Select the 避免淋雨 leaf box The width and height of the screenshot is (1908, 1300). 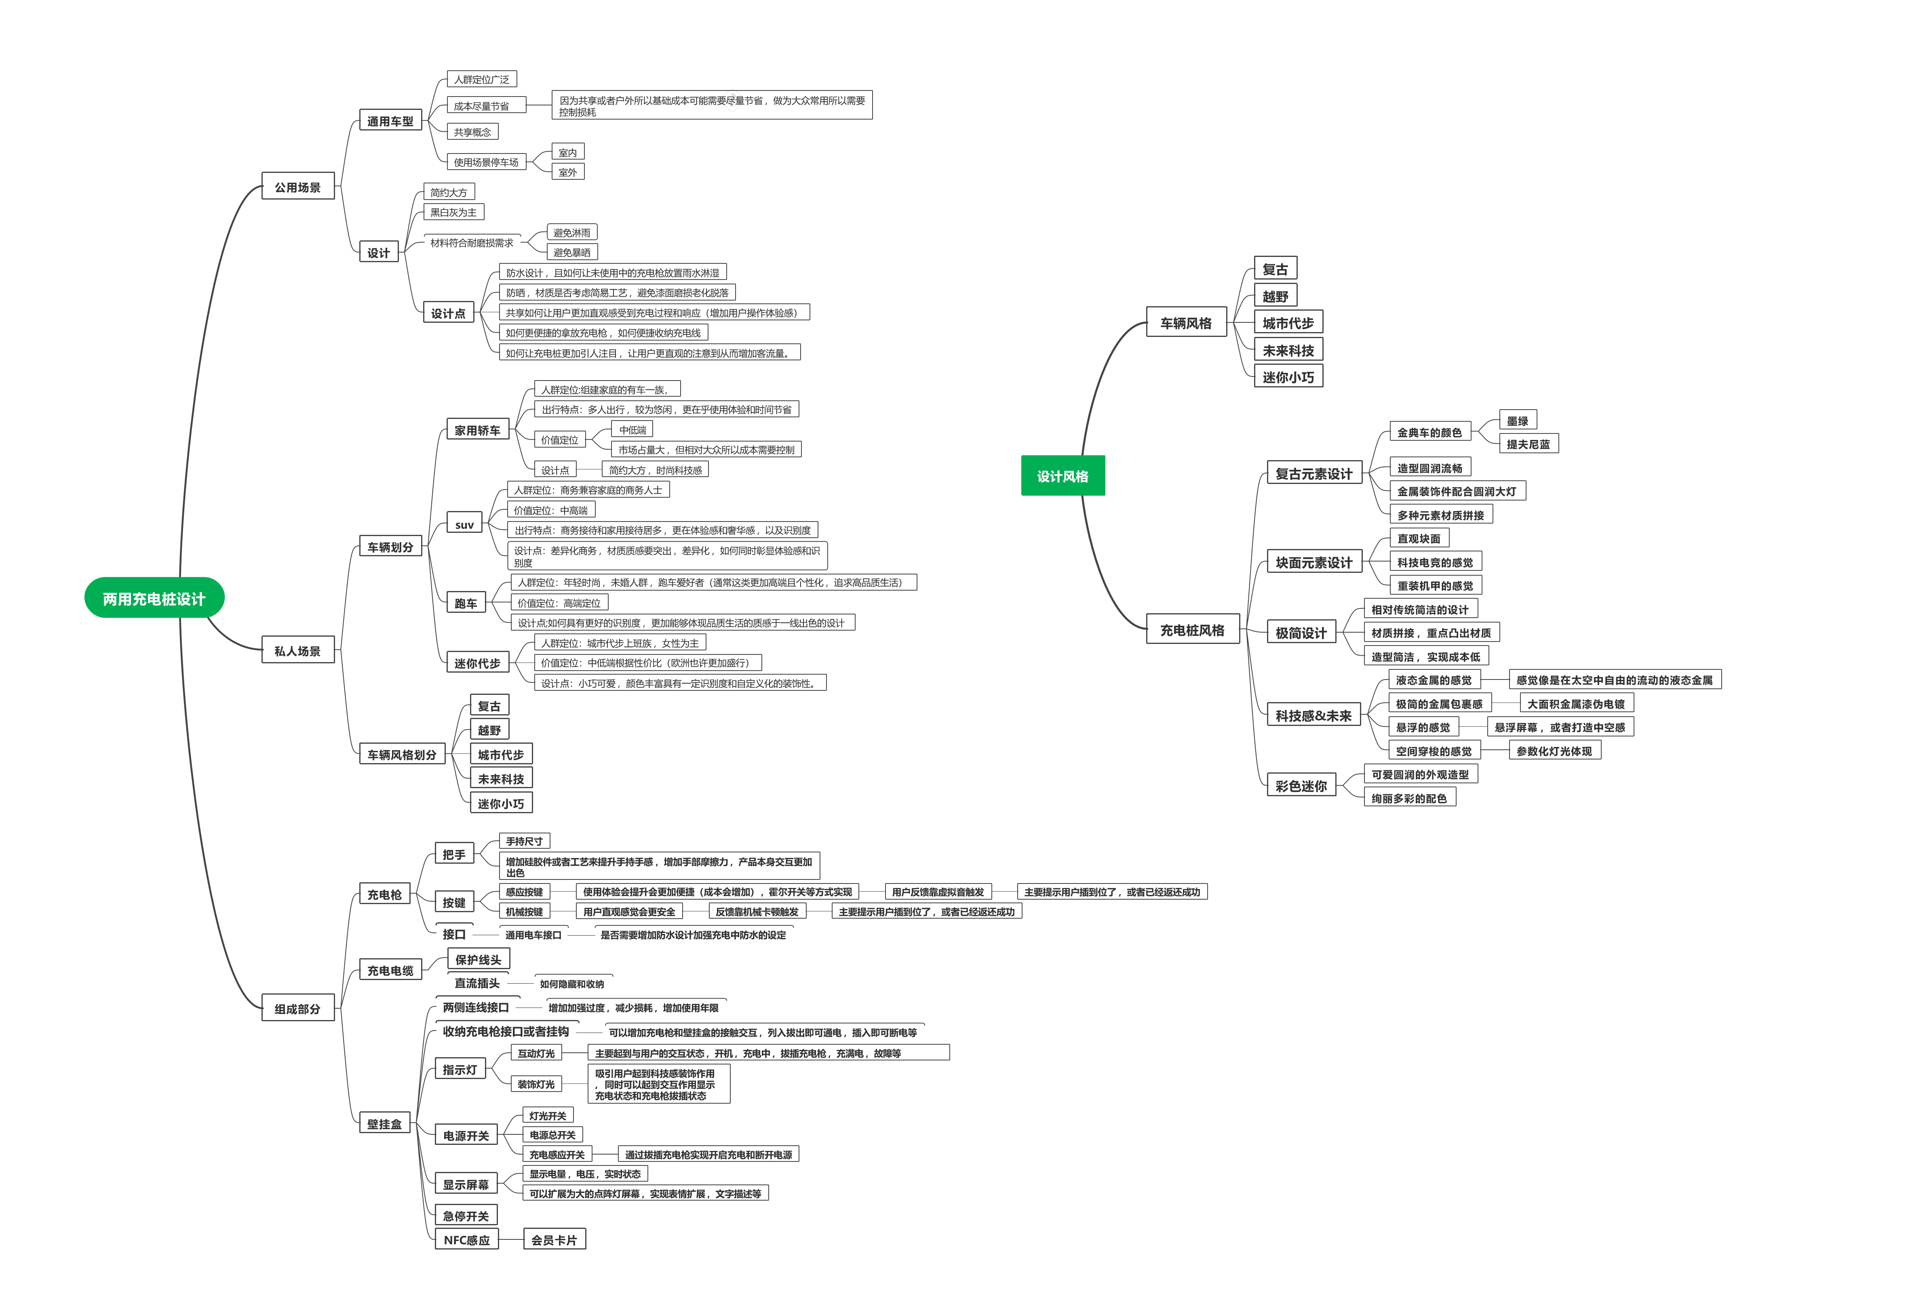point(571,233)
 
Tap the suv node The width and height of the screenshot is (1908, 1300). point(465,524)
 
